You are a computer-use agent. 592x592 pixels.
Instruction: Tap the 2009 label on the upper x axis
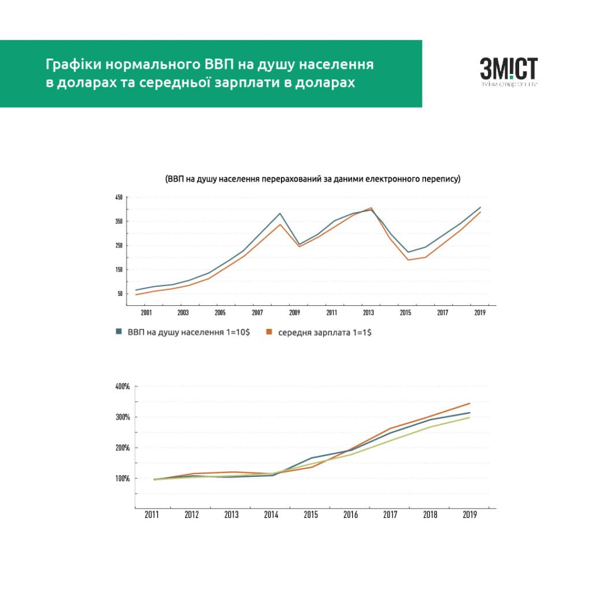[x=294, y=312]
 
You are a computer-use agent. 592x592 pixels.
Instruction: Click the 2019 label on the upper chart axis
[x=479, y=312]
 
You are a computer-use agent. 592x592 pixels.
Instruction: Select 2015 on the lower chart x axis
[x=311, y=515]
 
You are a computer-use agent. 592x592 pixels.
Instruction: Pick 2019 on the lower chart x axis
[x=469, y=515]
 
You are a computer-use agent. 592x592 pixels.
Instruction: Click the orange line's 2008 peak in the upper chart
[x=280, y=224]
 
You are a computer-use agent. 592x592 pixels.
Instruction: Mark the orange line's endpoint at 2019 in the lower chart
[x=469, y=404]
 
